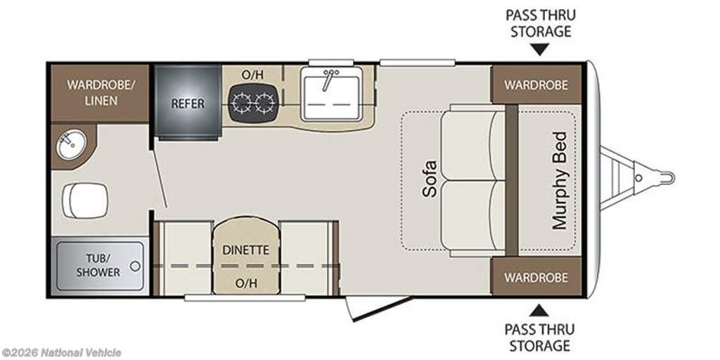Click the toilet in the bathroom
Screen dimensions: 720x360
85,200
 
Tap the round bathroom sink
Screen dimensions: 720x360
71,144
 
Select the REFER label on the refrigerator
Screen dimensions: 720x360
188,103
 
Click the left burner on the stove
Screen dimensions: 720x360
240,103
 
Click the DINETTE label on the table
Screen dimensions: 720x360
245,250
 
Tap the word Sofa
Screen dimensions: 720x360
430,179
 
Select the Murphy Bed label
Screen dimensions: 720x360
560,181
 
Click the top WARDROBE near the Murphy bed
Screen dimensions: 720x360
536,85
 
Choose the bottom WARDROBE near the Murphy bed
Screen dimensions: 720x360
536,277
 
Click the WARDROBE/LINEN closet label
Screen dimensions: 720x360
101,93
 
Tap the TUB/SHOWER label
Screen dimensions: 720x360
98,264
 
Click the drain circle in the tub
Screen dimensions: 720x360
135,265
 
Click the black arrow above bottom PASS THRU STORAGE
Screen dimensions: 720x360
539,310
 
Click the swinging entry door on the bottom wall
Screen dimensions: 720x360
379,308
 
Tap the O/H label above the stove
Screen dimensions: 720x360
252,75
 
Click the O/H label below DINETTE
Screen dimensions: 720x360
245,283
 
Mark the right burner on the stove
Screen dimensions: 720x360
265,103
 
